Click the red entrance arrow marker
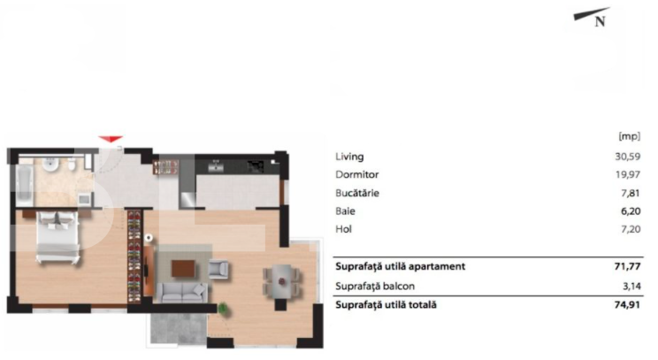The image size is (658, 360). point(110,139)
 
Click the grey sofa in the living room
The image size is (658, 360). point(183,293)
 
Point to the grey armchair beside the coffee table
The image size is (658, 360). point(218,269)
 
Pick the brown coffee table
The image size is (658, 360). point(184,266)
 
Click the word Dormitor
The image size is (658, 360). point(356,174)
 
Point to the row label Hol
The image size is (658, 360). point(343,229)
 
